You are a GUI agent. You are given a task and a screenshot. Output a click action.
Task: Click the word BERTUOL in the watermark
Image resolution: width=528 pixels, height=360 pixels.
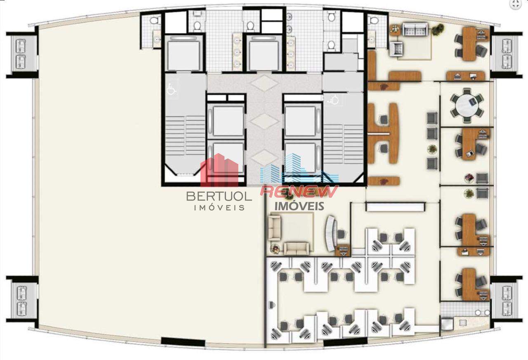[219, 196]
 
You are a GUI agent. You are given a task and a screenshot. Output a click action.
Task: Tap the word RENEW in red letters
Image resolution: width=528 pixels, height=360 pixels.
[299, 191]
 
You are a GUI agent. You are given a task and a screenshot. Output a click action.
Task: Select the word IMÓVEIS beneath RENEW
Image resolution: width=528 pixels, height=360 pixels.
[299, 206]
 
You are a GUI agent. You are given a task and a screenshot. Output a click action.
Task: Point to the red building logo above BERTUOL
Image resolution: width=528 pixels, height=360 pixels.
[219, 170]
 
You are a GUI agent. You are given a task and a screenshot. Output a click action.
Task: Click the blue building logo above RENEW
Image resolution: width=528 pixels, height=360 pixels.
[299, 169]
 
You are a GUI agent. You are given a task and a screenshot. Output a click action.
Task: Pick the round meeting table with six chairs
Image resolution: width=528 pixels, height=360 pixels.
[467, 105]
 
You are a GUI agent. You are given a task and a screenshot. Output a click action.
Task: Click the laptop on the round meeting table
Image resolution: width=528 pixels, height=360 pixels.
[473, 102]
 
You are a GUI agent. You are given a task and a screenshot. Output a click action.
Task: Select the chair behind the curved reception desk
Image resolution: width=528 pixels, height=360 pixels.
[342, 234]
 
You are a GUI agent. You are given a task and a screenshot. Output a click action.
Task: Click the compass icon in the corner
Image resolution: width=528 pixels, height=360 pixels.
[516, 5]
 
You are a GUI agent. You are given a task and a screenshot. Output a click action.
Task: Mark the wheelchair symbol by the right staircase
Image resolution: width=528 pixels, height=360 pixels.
[333, 100]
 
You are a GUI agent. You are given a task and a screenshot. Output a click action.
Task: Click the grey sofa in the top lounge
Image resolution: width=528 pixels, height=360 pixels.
[415, 29]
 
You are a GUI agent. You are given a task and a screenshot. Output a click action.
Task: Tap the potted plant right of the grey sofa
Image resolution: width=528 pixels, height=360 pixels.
[438, 30]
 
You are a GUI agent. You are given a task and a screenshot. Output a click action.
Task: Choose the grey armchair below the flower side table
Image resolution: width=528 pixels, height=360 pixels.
[398, 49]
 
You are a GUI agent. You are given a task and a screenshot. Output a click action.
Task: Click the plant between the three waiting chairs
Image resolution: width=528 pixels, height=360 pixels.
[432, 149]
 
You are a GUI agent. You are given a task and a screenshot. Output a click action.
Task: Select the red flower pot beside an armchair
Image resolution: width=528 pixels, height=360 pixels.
[469, 178]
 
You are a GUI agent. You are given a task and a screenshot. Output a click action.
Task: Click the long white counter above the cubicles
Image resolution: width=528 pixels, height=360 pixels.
[396, 207]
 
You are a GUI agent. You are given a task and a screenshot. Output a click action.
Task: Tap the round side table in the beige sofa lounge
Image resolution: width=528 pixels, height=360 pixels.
[275, 249]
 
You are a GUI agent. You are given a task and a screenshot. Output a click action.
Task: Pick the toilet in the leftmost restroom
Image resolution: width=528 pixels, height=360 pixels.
[154, 21]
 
